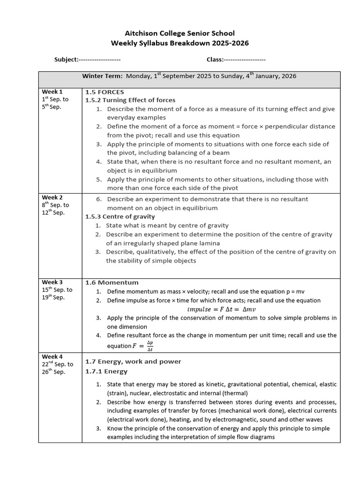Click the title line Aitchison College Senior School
[180, 33]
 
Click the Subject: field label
[66, 60]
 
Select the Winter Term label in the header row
[102, 76]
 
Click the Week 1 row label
[52, 91]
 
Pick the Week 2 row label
[52, 197]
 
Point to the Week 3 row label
[52, 282]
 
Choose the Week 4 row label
[52, 357]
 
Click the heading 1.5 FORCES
[105, 92]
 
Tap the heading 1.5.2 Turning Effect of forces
[130, 100]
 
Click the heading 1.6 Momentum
[112, 282]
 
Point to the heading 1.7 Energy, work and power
[133, 361]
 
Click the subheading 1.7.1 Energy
[106, 371]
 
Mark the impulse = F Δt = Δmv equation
[221, 309]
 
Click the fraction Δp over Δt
[150, 346]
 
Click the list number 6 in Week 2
[99, 199]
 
